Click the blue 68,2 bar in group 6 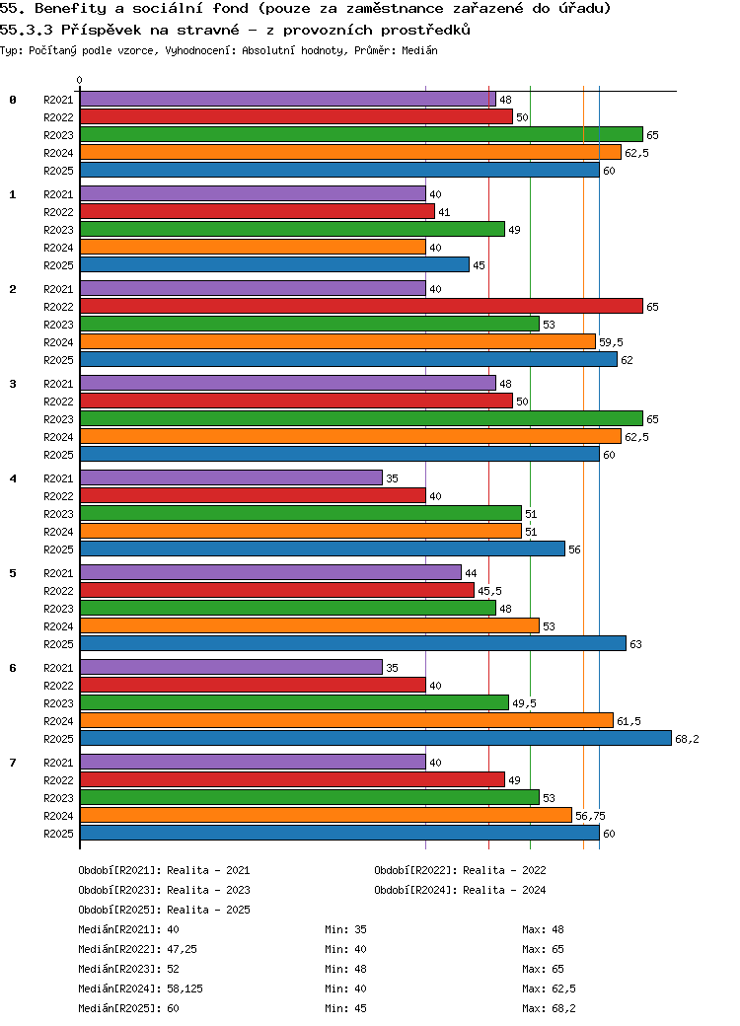(x=375, y=738)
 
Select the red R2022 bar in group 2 (x=361, y=306)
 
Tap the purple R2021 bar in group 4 (x=231, y=477)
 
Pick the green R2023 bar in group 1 (x=292, y=229)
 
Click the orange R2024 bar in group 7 (x=326, y=815)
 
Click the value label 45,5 (x=489, y=591)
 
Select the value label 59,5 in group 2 (x=611, y=342)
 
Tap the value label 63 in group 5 (x=635, y=644)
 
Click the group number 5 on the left (x=13, y=573)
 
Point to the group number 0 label (x=13, y=100)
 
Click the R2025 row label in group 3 (x=59, y=455)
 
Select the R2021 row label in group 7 (x=59, y=763)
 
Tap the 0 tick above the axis (x=80, y=81)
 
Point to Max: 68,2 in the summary (x=550, y=1008)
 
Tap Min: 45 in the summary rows (x=345, y=1008)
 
